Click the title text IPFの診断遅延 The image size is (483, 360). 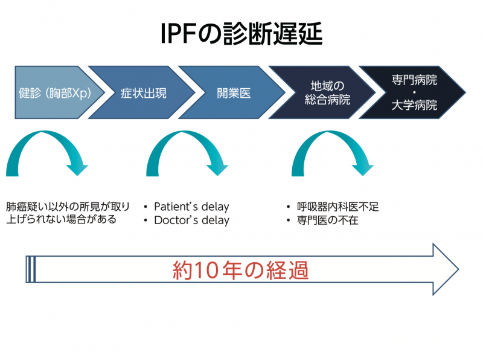point(241,34)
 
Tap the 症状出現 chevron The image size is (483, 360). point(144,94)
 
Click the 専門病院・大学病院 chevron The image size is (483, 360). point(414,94)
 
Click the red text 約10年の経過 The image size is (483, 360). point(240,269)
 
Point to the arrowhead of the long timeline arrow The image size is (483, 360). point(445,269)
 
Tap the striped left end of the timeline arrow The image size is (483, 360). point(31,269)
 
